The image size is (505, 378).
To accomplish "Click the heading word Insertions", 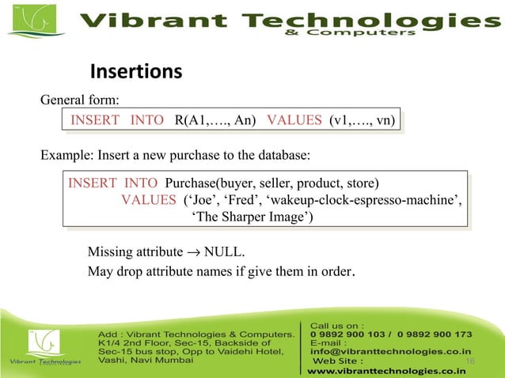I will [137, 73].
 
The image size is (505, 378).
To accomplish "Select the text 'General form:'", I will [80, 100].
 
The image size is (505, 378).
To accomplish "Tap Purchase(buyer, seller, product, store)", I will [272, 183].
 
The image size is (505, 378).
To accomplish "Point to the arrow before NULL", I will [193, 253].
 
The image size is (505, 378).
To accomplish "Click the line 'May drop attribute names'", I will [221, 273].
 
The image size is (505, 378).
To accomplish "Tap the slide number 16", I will [470, 361].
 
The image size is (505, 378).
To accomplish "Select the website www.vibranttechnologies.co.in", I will [386, 369].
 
